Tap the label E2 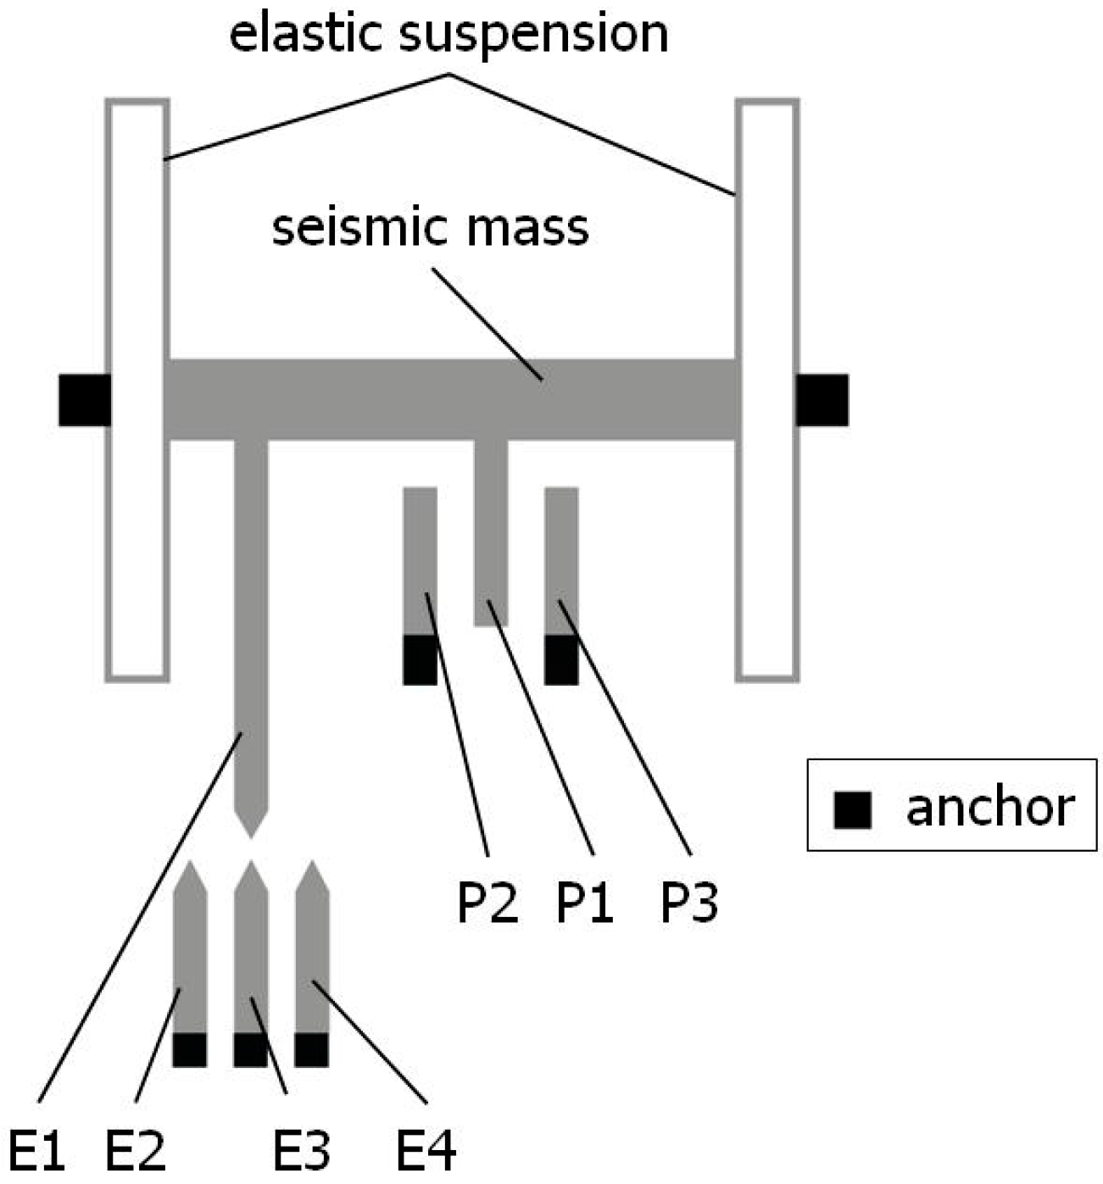135,1150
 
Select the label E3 301,1150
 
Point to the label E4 426,1150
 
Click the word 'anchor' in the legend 989,808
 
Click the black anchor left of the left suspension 84,400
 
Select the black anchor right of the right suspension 822,400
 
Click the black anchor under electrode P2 420,659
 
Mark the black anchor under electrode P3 561,659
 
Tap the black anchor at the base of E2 189,1050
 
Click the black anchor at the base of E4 311,1050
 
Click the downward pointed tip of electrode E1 250,834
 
